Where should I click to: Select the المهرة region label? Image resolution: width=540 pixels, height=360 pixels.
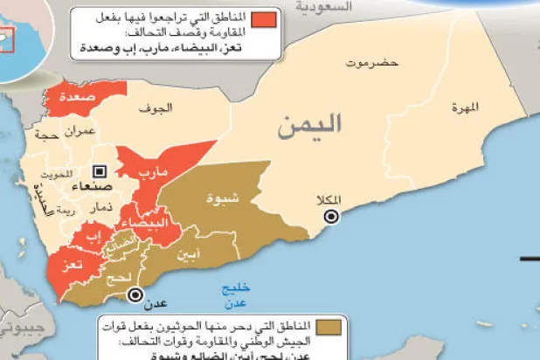[466, 108]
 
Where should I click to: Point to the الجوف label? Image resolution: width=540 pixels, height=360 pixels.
[158, 108]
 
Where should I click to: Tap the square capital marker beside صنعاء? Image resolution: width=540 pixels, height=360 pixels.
[99, 171]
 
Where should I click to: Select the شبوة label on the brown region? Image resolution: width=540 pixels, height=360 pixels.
[221, 198]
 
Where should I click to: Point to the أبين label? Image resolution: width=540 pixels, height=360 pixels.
[187, 255]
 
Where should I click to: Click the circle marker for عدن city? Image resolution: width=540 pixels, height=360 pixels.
[134, 295]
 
